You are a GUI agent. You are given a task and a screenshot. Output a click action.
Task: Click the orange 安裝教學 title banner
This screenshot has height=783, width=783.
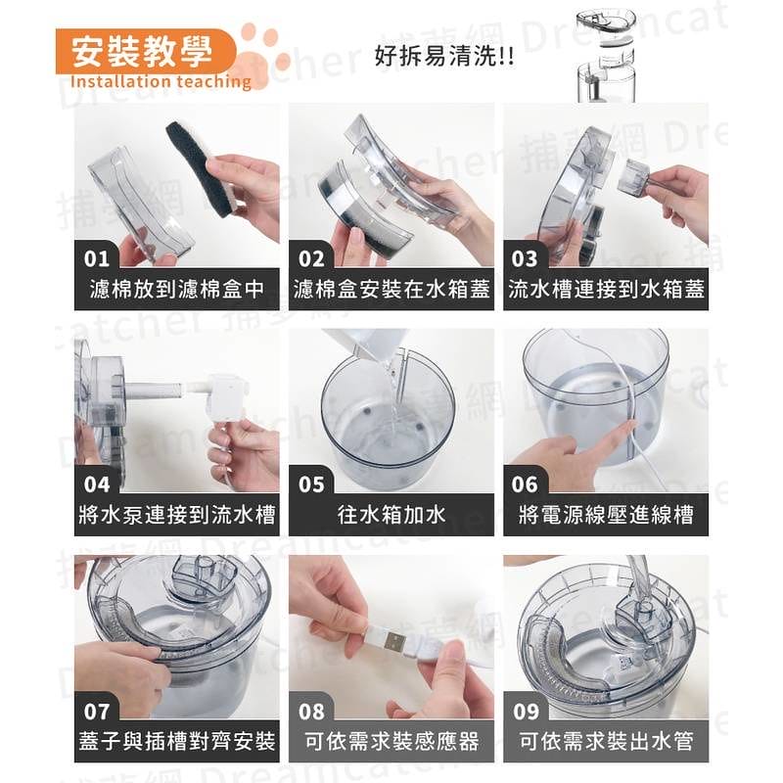145,50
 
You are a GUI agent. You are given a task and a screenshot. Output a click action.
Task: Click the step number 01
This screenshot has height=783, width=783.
97,259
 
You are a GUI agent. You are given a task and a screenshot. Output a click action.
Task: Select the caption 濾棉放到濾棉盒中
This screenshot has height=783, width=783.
176,291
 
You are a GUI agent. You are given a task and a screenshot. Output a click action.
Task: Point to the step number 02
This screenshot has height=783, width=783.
311,259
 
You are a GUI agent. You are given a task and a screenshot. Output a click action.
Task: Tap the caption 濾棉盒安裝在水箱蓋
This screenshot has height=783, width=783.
391,291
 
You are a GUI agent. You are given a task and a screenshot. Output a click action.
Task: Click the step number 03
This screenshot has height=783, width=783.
526,259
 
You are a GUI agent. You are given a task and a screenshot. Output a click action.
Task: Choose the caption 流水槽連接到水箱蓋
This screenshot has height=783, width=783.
606,291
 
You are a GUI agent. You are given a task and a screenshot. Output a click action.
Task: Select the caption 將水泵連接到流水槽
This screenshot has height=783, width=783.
176,515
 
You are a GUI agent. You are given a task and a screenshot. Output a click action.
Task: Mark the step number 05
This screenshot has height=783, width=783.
311,484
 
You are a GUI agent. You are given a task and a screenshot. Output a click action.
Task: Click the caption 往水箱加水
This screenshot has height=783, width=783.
391,515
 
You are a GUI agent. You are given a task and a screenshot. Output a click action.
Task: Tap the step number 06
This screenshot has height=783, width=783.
526,484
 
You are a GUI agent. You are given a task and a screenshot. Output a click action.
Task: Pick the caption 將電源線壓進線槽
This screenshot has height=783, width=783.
606,515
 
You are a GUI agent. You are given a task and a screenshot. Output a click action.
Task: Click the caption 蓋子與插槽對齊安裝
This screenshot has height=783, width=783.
176,741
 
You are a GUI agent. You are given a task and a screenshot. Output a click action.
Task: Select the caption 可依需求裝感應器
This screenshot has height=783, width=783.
391,741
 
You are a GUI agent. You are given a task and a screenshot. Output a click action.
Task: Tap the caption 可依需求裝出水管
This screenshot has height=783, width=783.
606,741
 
